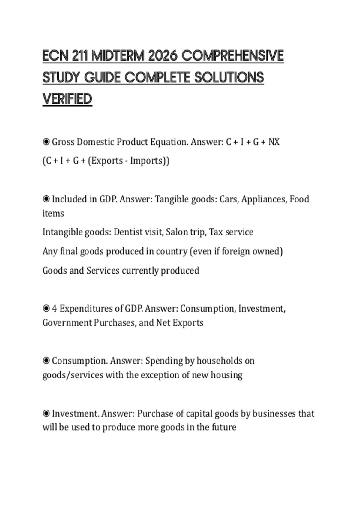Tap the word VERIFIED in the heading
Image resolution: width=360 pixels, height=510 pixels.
(67, 99)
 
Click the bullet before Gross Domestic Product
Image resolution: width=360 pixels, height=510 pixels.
(46, 142)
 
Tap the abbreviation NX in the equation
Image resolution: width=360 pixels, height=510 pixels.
(274, 142)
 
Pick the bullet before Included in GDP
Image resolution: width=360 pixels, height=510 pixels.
(46, 199)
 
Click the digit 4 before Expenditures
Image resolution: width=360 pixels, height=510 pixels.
(54, 308)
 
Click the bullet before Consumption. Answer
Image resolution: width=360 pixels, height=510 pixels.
(46, 360)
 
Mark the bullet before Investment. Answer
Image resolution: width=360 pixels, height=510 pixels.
(46, 413)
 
